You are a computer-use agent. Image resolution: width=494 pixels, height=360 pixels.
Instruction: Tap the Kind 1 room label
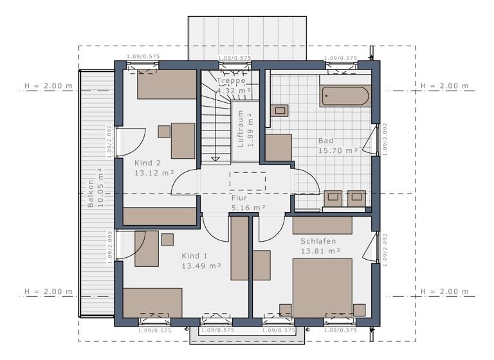195,255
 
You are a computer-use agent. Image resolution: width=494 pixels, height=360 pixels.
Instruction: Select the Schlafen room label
318,241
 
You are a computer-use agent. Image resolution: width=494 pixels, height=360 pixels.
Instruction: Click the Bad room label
326,140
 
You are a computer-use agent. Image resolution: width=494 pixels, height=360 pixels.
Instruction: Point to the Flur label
239,198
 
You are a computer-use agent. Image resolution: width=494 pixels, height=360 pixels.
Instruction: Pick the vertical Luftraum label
241,128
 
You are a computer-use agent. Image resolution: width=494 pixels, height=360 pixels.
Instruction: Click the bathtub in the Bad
345,96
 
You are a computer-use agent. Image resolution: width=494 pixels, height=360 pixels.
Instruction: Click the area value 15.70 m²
338,150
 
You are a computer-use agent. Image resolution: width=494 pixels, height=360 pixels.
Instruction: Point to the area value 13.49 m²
201,265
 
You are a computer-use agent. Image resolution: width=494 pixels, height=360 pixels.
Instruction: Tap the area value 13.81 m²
320,251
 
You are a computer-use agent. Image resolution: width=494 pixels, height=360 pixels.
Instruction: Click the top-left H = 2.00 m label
48,85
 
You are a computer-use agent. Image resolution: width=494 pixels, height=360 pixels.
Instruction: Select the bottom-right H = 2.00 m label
445,292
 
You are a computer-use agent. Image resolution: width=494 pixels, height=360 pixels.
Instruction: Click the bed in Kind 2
167,84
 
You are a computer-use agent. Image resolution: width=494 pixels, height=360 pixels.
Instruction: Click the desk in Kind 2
183,140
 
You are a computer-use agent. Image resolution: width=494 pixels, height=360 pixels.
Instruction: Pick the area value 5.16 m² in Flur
249,208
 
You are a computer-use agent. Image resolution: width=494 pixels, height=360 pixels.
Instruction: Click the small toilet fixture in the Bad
280,110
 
